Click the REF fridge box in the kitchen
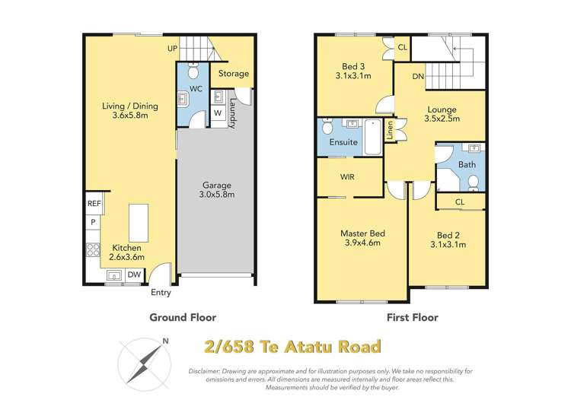(94, 204)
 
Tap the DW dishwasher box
(133, 274)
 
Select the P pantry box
(93, 222)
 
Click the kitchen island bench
(139, 221)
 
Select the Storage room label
(234, 74)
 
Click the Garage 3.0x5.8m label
(217, 189)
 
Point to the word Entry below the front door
(161, 293)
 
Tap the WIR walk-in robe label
(346, 176)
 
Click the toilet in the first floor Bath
(473, 181)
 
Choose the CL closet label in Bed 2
(460, 201)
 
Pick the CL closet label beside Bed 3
(402, 47)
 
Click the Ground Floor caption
(183, 317)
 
